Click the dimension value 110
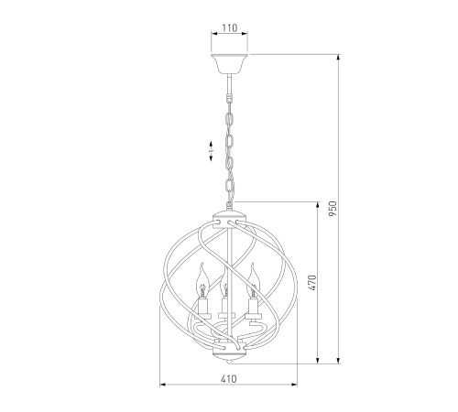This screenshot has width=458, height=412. click(229, 28)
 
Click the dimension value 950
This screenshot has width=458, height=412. click(333, 209)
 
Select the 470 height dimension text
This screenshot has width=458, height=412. click(312, 283)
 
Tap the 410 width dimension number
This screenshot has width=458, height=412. click(228, 379)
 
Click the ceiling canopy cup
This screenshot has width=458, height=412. click(229, 64)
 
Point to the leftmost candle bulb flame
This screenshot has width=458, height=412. click(201, 280)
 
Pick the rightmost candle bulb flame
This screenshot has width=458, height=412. click(253, 280)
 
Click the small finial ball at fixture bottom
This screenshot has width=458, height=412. click(230, 362)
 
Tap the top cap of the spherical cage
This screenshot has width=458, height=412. click(229, 216)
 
